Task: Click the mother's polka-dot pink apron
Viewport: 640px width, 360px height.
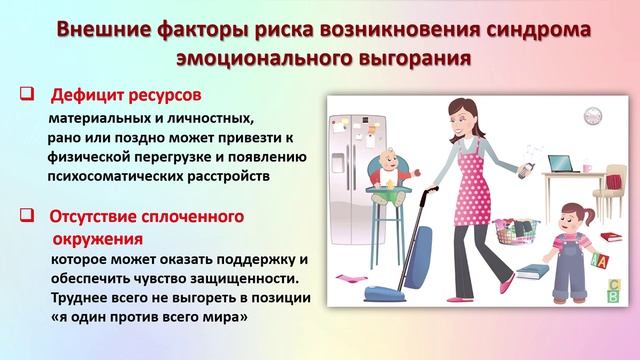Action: tap(456, 176)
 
